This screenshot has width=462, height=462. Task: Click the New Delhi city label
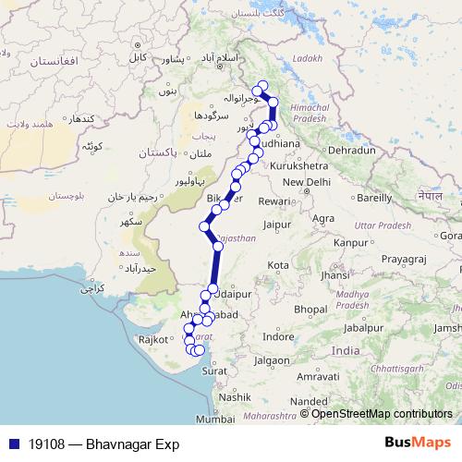coord(306,182)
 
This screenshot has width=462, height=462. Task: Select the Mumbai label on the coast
coord(215,419)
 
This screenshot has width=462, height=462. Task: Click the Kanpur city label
coord(350,242)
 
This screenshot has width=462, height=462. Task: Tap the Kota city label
coord(277,265)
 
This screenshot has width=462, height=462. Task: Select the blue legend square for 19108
coord(10,444)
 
